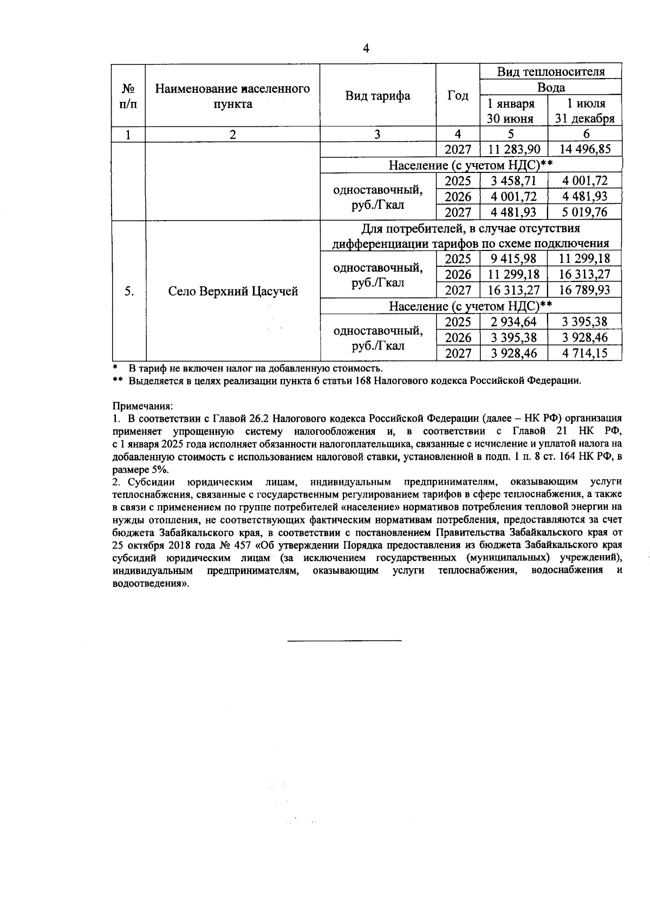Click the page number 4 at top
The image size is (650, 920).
click(366, 49)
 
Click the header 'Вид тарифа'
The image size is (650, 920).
click(378, 96)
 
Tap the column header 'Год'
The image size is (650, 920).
click(458, 96)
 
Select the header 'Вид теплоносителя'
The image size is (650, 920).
click(551, 72)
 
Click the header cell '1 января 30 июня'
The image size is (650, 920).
click(511, 111)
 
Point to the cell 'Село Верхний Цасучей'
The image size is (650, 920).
click(233, 292)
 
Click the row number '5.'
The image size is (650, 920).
click(129, 292)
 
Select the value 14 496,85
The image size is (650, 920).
click(584, 150)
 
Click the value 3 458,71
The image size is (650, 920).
click(513, 181)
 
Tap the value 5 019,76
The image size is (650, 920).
click(584, 212)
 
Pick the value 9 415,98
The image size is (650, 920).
click(513, 259)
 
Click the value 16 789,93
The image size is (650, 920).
click(584, 290)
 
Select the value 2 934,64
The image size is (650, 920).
click(513, 322)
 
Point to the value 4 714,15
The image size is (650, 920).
click(584, 353)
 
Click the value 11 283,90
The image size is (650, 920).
click(513, 150)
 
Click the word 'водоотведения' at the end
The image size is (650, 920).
click(147, 584)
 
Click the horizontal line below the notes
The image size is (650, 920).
click(344, 641)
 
